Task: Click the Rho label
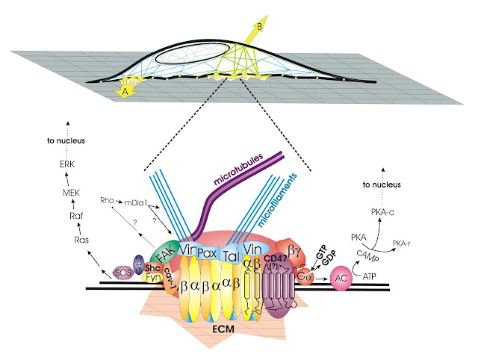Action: pyautogui.click(x=107, y=199)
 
